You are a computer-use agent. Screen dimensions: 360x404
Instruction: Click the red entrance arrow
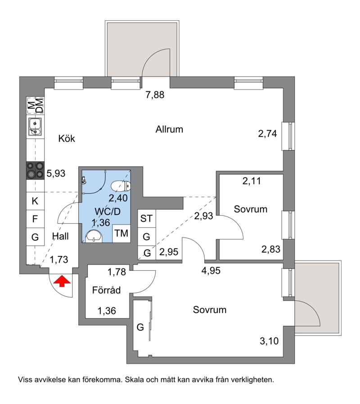coord(62,281)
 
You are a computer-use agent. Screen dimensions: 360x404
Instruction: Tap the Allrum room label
coord(169,129)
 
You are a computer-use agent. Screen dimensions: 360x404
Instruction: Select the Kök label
coord(67,139)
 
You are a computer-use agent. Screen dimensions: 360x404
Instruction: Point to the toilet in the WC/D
coord(121,186)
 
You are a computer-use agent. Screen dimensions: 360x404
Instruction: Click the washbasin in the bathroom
coord(94,237)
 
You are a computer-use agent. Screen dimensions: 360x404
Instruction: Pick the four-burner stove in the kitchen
coord(35,171)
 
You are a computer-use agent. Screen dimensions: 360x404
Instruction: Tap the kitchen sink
coord(35,126)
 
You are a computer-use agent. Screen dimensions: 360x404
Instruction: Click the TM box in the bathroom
coord(121,233)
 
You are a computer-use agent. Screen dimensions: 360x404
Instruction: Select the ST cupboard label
coord(146,219)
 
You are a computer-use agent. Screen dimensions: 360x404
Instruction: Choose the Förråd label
coord(107,290)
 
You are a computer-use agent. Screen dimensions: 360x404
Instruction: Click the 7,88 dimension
coord(155,95)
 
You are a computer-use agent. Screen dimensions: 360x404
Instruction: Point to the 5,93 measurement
coord(56,173)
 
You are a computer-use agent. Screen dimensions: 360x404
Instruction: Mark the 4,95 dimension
coord(211,271)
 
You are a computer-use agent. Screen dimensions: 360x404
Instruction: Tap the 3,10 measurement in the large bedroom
coord(269,341)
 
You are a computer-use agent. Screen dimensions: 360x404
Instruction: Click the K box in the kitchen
coord(35,201)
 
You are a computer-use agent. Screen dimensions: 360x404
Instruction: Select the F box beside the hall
coord(35,219)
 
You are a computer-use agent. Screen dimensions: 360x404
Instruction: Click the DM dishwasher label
coord(40,106)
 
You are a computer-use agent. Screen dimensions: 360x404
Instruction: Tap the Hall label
coord(60,236)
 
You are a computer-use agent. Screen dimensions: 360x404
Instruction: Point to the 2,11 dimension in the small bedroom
coord(252,181)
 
